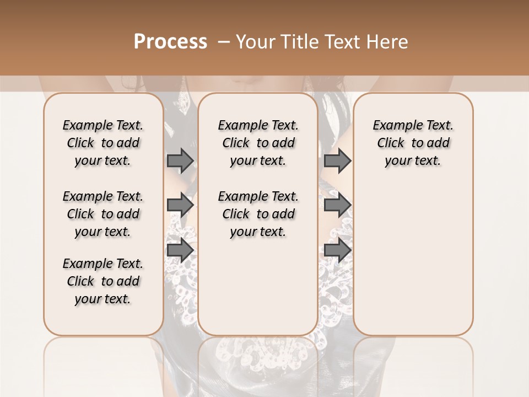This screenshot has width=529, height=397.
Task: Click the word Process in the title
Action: (170, 41)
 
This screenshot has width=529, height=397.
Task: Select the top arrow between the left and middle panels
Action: (180, 160)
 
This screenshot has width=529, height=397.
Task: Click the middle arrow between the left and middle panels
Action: (180, 205)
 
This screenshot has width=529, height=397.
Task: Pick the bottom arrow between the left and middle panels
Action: (180, 250)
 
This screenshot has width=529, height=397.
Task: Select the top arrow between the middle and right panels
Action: (337, 160)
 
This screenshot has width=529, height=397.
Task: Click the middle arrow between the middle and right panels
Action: (337, 205)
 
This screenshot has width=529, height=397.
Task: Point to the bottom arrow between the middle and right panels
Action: (337, 250)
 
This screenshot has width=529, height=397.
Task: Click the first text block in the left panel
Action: (103, 143)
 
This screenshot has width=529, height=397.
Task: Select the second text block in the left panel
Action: (103, 214)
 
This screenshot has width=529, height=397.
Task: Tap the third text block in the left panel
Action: (103, 281)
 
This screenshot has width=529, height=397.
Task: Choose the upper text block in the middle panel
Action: (258, 143)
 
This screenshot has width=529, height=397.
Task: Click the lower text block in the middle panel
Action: (258, 214)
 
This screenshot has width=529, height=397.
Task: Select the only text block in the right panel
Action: (413, 143)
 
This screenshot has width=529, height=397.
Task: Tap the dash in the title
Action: (224, 41)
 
